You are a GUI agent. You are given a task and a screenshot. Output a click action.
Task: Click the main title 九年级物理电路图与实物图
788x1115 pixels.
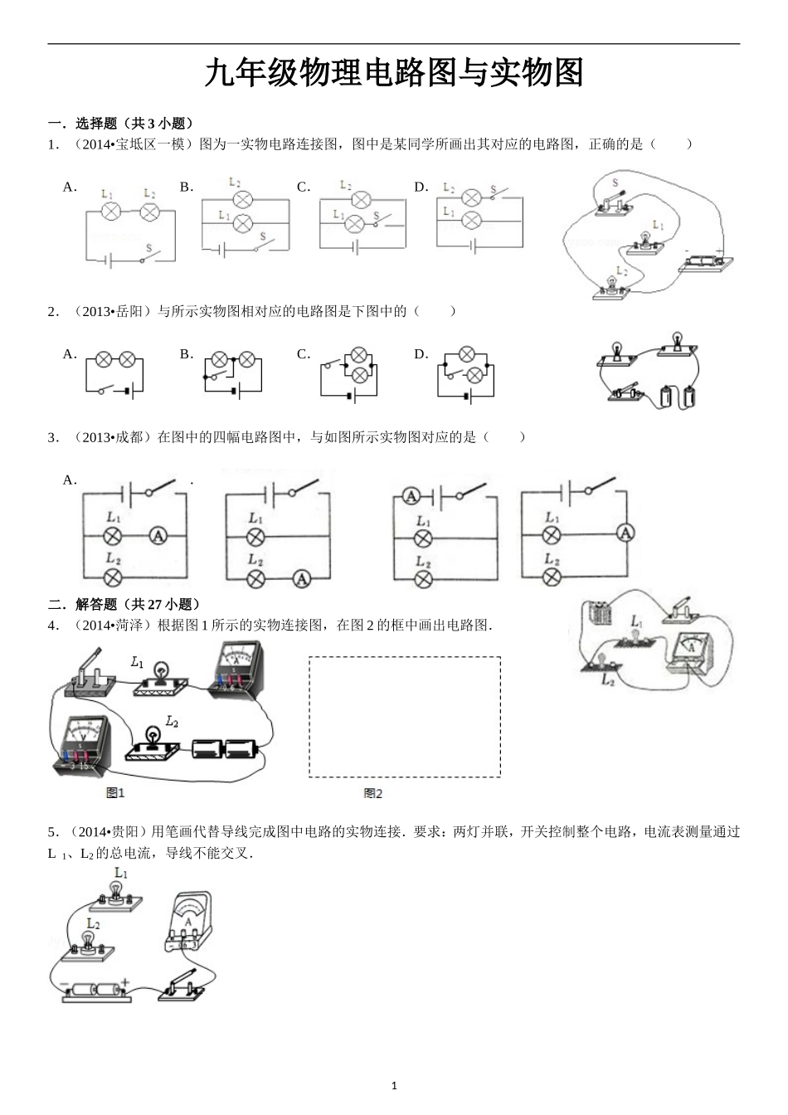[x=394, y=73]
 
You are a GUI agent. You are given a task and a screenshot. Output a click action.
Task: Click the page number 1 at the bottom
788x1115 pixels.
[x=394, y=1085]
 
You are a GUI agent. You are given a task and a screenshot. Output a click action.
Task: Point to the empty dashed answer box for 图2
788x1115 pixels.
[x=405, y=717]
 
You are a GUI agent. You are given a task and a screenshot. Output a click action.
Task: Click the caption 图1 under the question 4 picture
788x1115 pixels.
[x=115, y=793]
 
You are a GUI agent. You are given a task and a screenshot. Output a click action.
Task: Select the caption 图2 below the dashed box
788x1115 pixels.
[x=373, y=793]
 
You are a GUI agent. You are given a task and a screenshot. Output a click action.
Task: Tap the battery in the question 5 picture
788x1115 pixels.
[x=95, y=991]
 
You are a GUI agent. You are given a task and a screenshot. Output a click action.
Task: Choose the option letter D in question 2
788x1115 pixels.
[x=421, y=354]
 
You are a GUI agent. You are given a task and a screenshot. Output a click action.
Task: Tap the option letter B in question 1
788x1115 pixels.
[x=186, y=187]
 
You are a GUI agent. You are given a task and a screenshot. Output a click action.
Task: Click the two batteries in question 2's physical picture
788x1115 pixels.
[x=679, y=397]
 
